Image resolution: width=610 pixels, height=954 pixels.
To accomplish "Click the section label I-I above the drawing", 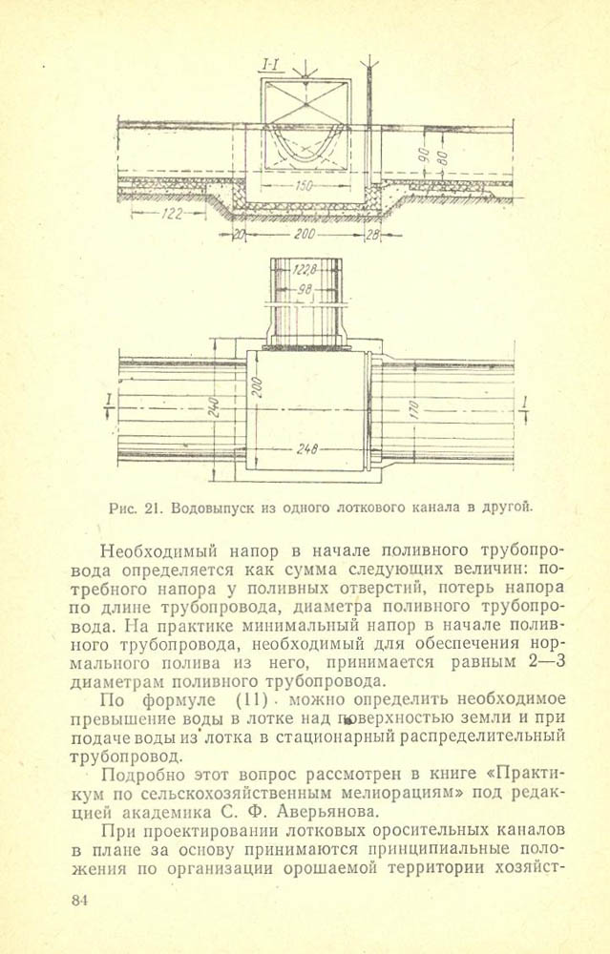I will click(x=270, y=65).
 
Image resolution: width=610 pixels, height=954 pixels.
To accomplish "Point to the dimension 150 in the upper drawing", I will click(x=304, y=186).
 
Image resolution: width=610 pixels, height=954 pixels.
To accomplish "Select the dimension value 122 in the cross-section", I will click(x=172, y=215).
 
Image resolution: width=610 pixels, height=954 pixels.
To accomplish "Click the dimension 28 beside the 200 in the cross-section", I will click(x=372, y=234).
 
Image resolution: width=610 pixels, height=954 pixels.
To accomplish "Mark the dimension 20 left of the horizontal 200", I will click(x=239, y=234).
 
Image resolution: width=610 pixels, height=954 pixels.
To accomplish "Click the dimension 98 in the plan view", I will click(x=305, y=289).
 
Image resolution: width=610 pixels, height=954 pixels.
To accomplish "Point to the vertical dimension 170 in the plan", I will click(x=411, y=410).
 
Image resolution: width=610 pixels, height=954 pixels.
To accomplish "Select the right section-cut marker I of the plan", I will click(x=524, y=404).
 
